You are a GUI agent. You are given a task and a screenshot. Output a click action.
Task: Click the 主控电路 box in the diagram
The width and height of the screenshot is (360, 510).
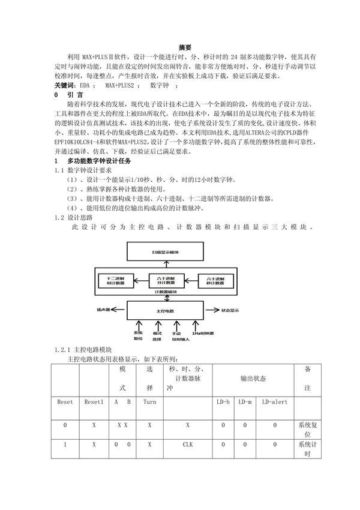pos(170,311)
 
